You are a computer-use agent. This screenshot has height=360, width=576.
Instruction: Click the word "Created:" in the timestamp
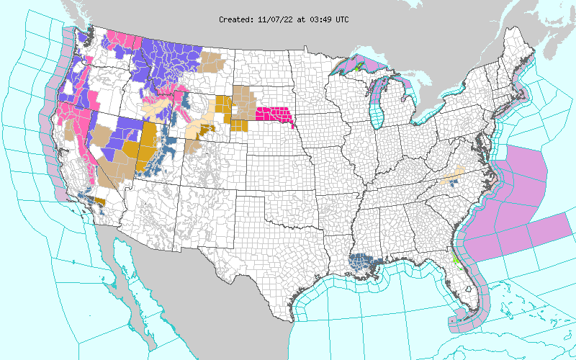click(236, 19)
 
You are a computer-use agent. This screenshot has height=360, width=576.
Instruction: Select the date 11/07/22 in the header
click(274, 19)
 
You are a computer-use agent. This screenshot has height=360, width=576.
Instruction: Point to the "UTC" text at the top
click(341, 19)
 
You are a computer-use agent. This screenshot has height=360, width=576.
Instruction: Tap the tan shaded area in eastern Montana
click(212, 61)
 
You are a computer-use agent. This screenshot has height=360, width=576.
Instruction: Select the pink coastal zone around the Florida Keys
click(461, 323)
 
